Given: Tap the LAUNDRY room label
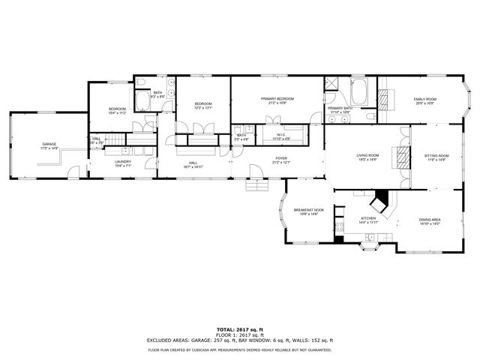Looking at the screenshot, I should (124, 161).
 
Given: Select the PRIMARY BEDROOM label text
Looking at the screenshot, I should (277, 99).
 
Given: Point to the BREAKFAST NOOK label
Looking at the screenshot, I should (308, 210).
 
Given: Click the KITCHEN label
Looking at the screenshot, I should (367, 219).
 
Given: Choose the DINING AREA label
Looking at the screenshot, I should (430, 220).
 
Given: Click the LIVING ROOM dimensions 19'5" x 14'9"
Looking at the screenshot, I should (367, 160).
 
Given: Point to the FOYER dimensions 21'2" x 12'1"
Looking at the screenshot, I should (281, 163).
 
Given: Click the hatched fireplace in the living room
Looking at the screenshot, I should (403, 157).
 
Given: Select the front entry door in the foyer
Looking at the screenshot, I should (256, 185).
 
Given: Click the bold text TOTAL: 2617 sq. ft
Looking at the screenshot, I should (239, 329).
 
